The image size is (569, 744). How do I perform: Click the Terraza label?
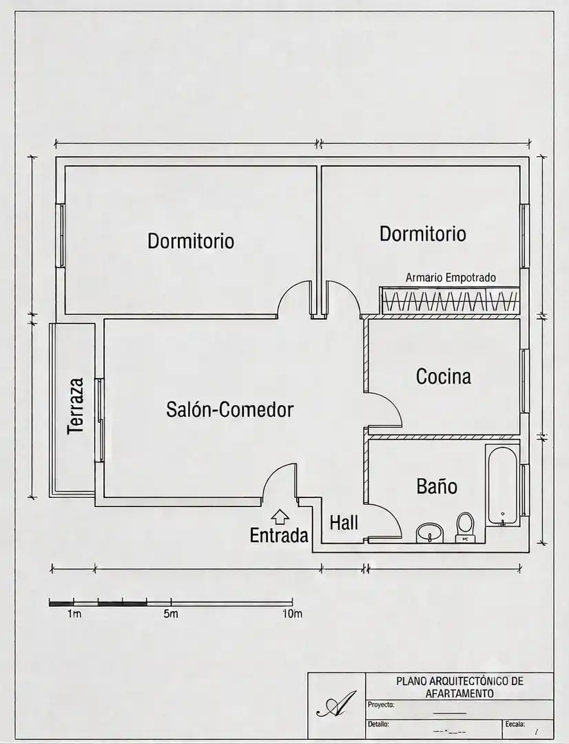76,406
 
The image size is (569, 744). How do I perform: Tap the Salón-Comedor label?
229,409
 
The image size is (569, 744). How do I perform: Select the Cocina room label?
443,376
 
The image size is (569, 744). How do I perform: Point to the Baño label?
437,486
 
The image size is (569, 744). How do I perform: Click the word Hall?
344,523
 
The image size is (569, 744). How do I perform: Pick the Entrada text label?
279,535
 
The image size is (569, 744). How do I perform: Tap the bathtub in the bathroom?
502,486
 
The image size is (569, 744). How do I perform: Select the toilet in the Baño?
464,527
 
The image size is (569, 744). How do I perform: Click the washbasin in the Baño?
430,533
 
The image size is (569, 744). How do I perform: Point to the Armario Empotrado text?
451,278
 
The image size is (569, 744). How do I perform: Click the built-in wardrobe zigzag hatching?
450,301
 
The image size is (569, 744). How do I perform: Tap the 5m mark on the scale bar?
171,614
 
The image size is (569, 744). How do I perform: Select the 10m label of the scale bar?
292,614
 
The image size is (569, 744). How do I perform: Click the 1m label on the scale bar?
74,614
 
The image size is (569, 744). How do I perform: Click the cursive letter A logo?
336,703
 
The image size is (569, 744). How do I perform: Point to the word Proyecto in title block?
381,705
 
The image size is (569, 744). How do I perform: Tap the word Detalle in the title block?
378,725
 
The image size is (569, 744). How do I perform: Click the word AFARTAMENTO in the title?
459,693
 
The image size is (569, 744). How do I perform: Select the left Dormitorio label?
191,240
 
